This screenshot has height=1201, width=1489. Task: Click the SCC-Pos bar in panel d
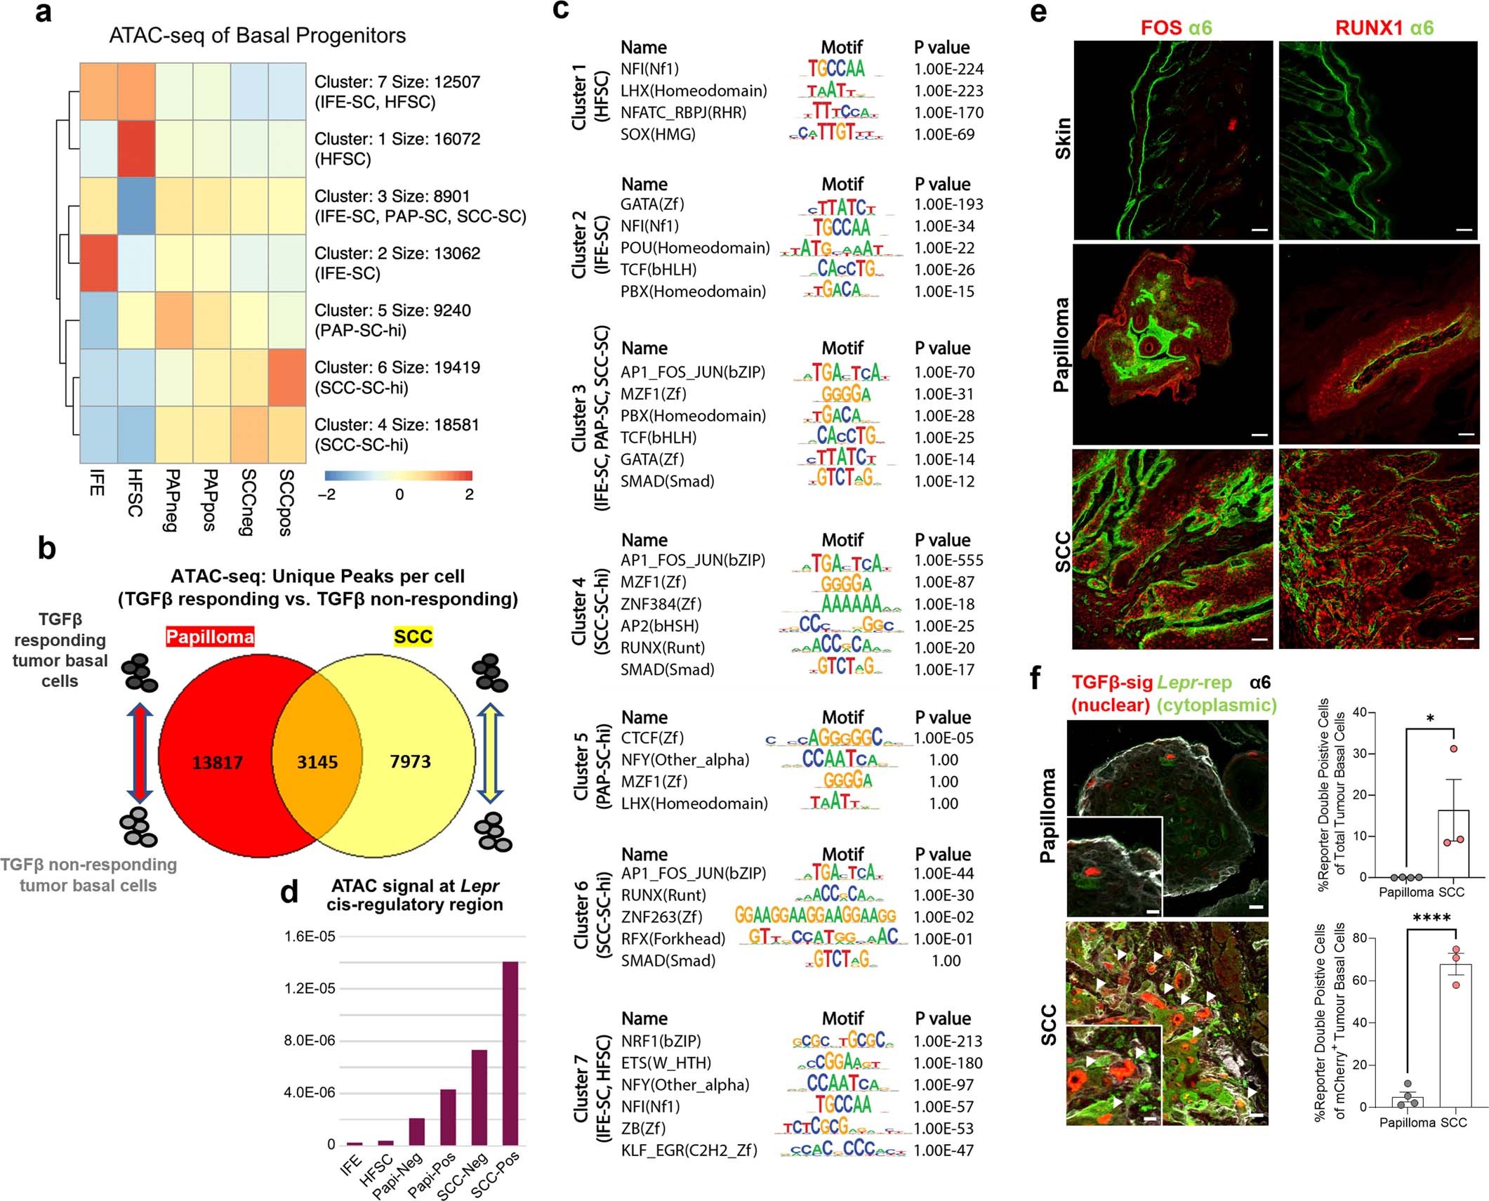pyautogui.click(x=510, y=1053)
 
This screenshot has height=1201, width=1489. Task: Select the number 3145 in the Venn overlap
pyautogui.click(x=317, y=762)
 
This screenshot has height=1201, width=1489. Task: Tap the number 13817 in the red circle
pyautogui.click(x=218, y=762)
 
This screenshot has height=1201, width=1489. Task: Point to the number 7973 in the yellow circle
pyautogui.click(x=411, y=761)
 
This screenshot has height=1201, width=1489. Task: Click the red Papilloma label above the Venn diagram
pyautogui.click(x=210, y=637)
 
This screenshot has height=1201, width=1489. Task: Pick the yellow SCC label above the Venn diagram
pyautogui.click(x=413, y=637)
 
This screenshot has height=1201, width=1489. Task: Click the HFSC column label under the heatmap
pyautogui.click(x=135, y=493)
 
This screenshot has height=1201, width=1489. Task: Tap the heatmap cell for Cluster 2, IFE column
pyautogui.click(x=98, y=263)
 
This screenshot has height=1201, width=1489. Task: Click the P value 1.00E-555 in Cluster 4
pyautogui.click(x=948, y=560)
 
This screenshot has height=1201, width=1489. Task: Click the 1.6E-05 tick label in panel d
pyautogui.click(x=310, y=937)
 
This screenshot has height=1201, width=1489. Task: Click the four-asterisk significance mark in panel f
pyautogui.click(x=1431, y=918)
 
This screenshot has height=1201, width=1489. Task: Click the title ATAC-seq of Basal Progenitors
pyautogui.click(x=257, y=36)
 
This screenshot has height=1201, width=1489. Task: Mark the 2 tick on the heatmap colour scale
pyautogui.click(x=469, y=494)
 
